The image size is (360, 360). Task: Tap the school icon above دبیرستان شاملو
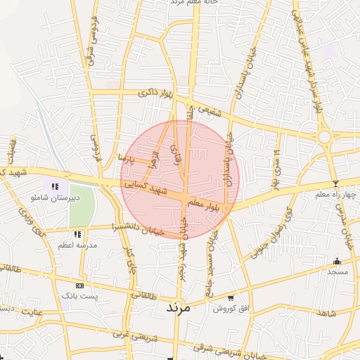(55, 186)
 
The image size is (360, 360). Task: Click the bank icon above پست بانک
(79, 286)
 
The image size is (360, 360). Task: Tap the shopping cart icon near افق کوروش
(231, 298)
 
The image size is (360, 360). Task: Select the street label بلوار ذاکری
(155, 92)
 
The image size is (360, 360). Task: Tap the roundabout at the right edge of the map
(324, 136)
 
